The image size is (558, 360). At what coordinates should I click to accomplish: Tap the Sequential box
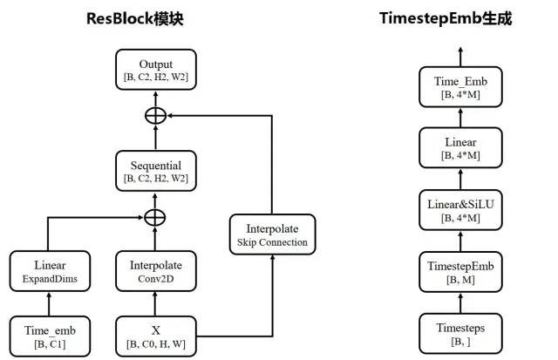tap(155, 171)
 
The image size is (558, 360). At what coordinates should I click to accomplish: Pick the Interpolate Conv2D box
tap(155, 271)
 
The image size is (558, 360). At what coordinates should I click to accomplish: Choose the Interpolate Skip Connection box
tap(273, 234)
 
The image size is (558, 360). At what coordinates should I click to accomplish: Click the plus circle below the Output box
tap(155, 115)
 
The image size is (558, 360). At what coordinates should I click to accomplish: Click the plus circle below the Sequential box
tap(155, 215)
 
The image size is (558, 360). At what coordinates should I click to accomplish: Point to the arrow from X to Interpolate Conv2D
tap(155, 304)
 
